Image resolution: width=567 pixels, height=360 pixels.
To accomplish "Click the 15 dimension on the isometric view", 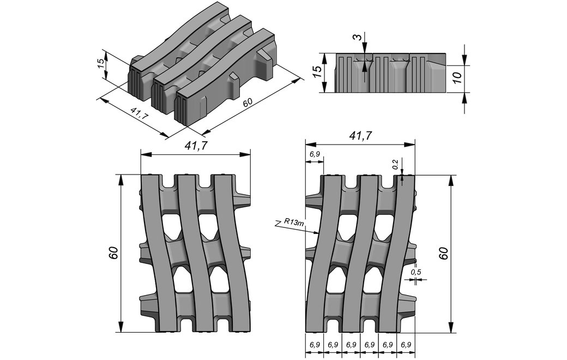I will coord(101,63).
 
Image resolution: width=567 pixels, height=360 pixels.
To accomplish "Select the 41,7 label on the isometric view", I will coord(140,115).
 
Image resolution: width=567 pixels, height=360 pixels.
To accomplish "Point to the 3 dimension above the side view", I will coord(356,38).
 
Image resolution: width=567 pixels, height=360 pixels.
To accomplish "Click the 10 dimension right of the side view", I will coord(457,76).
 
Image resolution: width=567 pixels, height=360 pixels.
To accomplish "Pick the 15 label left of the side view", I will coord(316,72).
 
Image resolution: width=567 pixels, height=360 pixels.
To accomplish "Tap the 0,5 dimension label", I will coord(416,272).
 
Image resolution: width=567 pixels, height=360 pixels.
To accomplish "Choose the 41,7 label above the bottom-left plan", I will coord(195,145).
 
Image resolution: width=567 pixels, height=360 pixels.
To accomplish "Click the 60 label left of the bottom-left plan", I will coord(113,253).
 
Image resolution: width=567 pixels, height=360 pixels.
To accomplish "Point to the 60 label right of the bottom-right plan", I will coord(443,253).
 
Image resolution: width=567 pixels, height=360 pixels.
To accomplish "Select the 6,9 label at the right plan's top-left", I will coord(315,155).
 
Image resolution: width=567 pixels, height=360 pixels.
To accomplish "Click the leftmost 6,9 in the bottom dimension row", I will coord(315,345).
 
